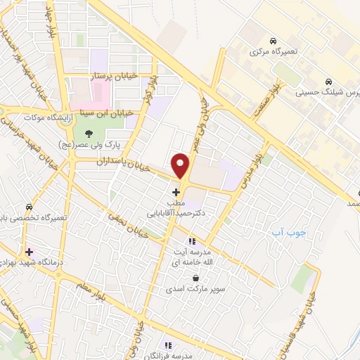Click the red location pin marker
pyautogui.click(x=181, y=166)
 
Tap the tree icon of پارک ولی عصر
pyautogui.click(x=88, y=134)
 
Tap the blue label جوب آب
pyautogui.click(x=285, y=231)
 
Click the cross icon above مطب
pyautogui.click(x=176, y=191)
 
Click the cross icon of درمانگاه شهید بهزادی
pyautogui.click(x=29, y=251)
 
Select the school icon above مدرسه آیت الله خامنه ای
pyautogui.click(x=191, y=241)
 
